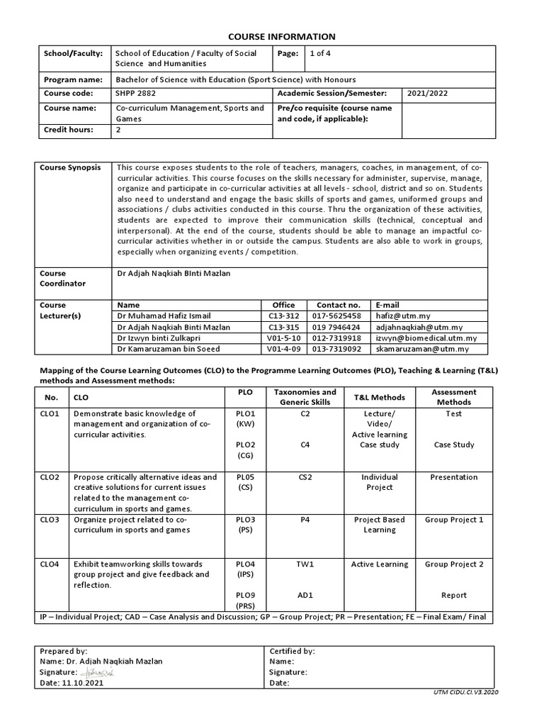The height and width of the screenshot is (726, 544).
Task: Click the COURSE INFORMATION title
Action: (x=271, y=37)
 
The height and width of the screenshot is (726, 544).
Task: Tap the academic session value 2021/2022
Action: (x=427, y=93)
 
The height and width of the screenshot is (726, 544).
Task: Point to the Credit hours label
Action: (x=68, y=130)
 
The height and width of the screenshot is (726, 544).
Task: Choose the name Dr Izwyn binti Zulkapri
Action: (x=159, y=338)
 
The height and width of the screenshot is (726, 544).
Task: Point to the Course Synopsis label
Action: (x=70, y=168)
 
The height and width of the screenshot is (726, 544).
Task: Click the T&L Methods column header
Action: (x=379, y=397)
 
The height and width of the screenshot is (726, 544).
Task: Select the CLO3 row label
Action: (x=50, y=520)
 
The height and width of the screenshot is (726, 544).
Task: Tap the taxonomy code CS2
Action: (x=305, y=477)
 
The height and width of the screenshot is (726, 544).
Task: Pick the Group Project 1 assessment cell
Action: (x=454, y=520)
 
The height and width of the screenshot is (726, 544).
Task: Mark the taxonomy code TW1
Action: (x=305, y=564)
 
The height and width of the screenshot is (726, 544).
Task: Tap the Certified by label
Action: (x=293, y=650)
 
